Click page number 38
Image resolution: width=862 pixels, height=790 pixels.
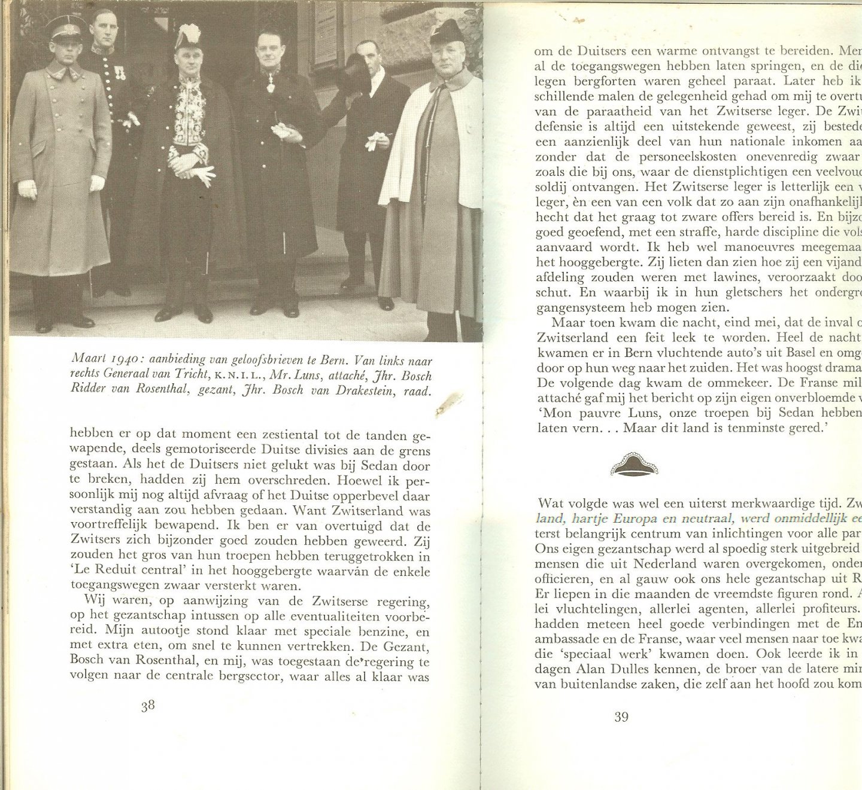tap(148, 706)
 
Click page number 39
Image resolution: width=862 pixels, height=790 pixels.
tap(621, 716)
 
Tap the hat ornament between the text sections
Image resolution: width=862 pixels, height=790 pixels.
tap(634, 465)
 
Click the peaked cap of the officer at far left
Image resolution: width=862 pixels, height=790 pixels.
tap(65, 28)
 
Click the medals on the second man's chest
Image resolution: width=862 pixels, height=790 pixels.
tap(120, 72)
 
